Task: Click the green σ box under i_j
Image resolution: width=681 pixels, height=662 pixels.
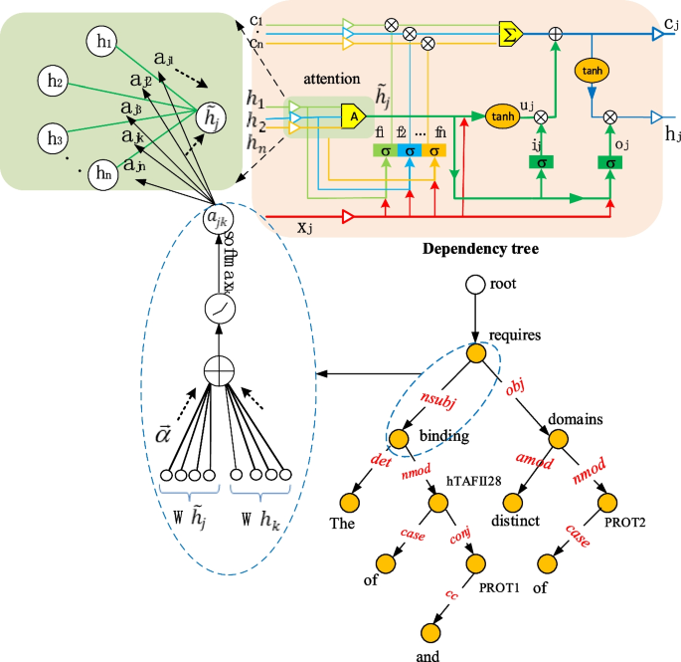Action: (541, 161)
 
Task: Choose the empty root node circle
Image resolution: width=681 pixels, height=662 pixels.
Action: (474, 285)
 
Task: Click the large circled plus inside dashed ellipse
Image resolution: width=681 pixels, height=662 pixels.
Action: (218, 371)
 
